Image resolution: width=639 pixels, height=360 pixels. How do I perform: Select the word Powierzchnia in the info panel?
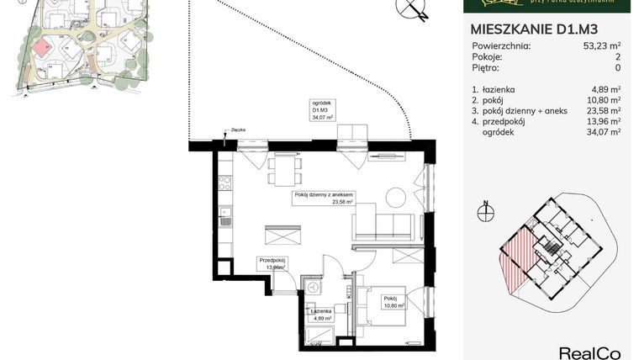pos(500,46)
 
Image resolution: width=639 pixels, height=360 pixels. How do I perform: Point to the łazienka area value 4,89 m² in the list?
pos(605,88)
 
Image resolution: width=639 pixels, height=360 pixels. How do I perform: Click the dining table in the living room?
pos(283,172)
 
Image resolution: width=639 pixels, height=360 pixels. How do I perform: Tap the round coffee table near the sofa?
pos(395,199)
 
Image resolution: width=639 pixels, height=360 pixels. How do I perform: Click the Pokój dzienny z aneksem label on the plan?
pos(324,198)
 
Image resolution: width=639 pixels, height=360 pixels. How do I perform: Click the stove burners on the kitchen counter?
pos(225,180)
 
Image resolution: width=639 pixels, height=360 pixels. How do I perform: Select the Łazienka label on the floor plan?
pos(319,313)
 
